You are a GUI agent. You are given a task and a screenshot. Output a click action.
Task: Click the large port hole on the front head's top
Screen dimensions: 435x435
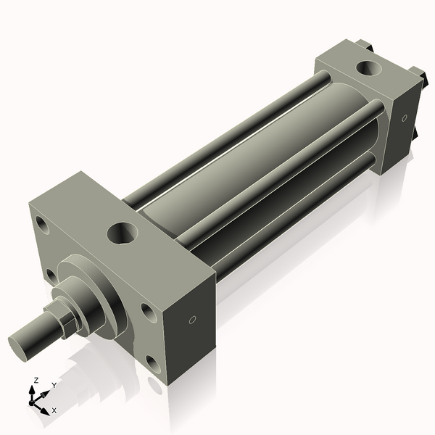click(122, 233)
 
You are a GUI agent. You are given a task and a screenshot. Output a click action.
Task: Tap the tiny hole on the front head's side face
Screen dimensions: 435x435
click(192, 320)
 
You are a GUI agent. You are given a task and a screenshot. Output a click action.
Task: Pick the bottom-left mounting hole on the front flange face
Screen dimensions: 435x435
click(51, 275)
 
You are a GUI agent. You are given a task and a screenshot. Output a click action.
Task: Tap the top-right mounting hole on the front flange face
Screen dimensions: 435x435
click(147, 312)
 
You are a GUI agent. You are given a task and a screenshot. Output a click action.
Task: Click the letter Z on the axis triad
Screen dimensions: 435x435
click(36, 380)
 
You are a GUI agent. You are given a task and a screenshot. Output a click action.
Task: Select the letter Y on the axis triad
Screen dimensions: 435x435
click(53, 386)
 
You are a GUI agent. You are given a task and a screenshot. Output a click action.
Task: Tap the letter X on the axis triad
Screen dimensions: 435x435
click(54, 410)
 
